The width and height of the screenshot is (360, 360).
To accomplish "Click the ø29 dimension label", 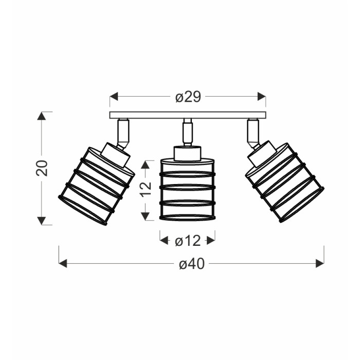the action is point(188,97).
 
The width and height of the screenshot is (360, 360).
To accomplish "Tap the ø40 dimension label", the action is point(192,264).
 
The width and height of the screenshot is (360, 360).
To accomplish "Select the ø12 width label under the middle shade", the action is point(188,241).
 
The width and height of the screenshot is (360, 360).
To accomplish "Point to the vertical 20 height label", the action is point(42,168).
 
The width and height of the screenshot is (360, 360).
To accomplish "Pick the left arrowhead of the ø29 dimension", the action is point(114,97).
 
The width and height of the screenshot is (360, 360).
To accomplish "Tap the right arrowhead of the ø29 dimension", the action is point(262,97).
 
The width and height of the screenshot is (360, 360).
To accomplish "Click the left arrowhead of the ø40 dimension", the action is point(63,263).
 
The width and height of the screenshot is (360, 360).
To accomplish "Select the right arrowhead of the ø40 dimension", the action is point(320,263).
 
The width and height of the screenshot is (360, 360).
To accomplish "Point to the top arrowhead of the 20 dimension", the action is point(42,116).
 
